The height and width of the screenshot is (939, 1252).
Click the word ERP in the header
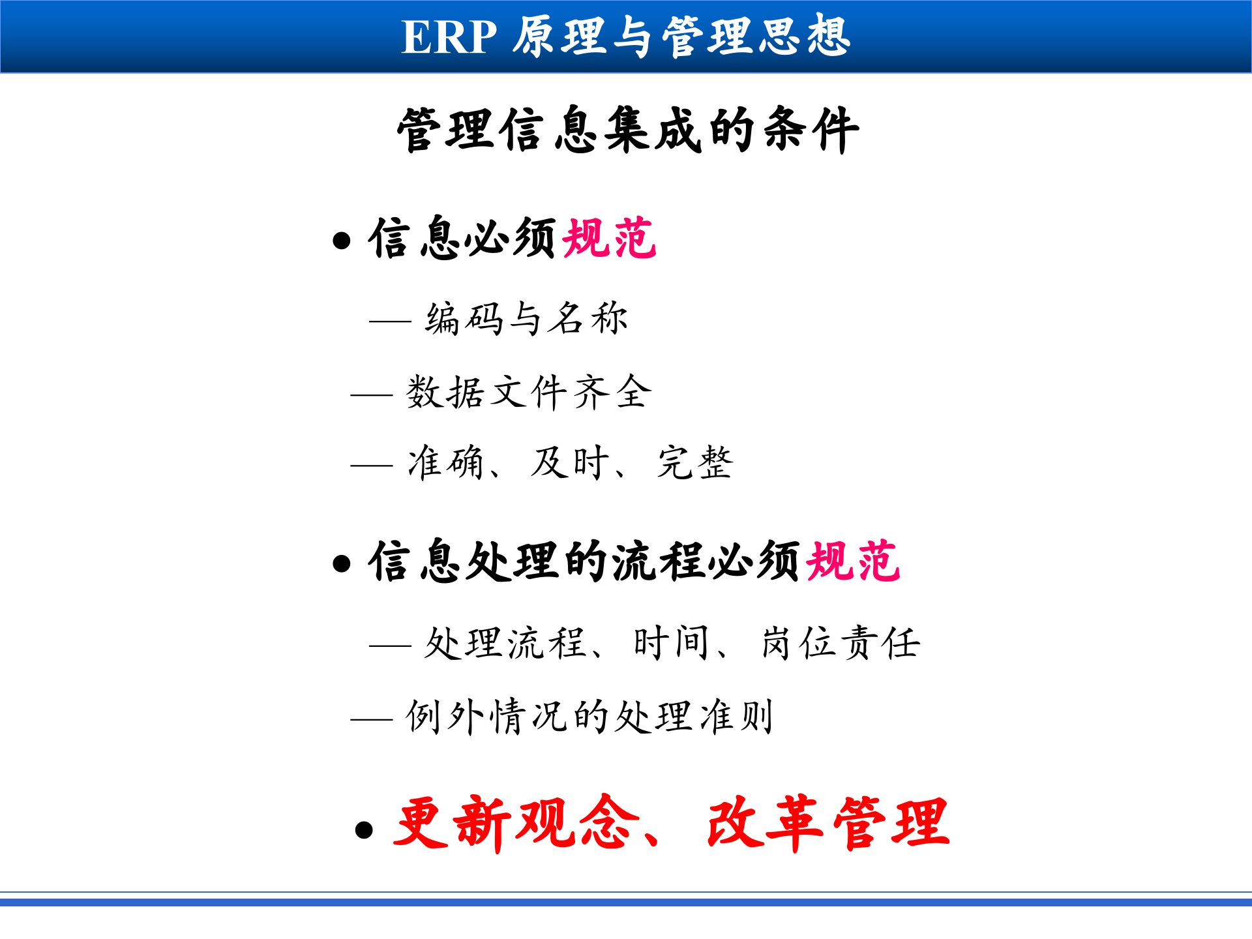(x=449, y=37)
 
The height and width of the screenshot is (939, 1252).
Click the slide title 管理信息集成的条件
(x=628, y=130)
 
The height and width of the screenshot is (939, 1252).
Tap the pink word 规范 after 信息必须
(x=609, y=239)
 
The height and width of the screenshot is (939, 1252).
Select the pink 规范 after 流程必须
(x=853, y=561)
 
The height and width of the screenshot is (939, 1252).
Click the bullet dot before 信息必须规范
(x=341, y=241)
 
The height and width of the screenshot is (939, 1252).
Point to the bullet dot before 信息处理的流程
(x=341, y=563)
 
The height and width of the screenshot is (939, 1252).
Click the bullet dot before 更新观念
(x=364, y=829)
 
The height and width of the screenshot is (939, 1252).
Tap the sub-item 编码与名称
(x=526, y=320)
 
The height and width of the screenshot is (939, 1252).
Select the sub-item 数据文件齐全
(x=529, y=393)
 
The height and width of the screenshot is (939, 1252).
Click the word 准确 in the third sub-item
(x=445, y=463)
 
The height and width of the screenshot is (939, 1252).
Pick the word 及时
(x=569, y=463)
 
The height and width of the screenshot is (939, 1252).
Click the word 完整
(x=695, y=463)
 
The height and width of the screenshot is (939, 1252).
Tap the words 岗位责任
(x=841, y=644)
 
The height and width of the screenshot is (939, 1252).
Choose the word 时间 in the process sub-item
(x=671, y=644)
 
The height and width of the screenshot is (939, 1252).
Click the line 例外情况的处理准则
(x=589, y=717)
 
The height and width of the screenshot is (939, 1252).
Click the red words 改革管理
(x=828, y=824)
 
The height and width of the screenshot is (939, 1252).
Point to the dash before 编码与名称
(x=390, y=321)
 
